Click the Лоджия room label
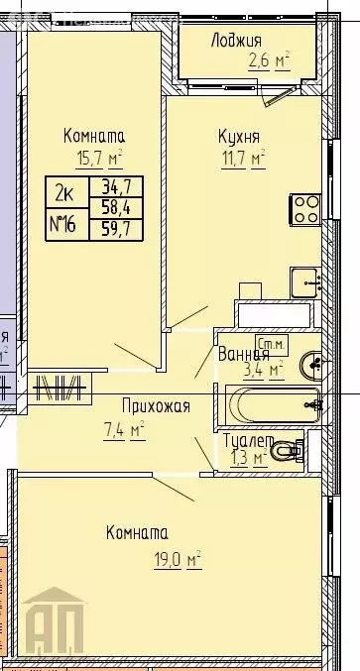tap(236, 40)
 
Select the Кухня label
tap(239, 137)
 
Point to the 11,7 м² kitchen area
tap(242, 158)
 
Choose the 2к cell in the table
tap(67, 188)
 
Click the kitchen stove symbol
tap(303, 209)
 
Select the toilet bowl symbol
tap(288, 451)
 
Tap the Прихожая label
tap(155, 405)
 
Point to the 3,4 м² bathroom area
tap(263, 370)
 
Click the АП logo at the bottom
tap(62, 622)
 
